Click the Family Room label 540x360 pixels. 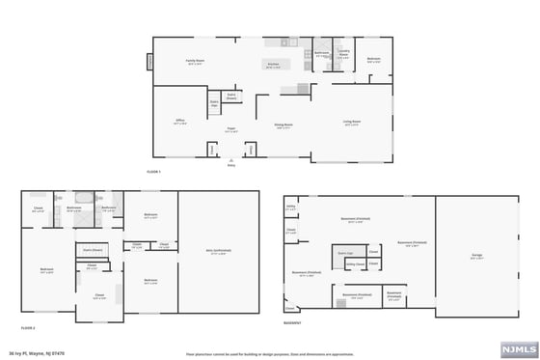pos(196,62)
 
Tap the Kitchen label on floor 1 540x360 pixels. pos(273,66)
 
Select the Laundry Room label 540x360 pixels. pos(343,55)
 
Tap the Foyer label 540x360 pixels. pos(231,129)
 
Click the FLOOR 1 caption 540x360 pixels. pos(152,170)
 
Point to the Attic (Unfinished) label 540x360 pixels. pos(218,254)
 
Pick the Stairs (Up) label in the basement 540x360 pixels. pos(344,253)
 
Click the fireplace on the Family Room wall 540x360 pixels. pos(150,63)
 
